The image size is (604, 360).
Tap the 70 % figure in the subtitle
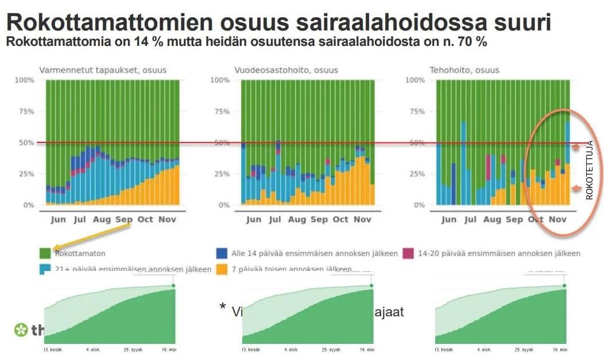click(x=471, y=42)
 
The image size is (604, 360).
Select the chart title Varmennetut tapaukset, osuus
click(x=103, y=70)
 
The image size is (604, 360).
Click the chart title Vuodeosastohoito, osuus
click(x=286, y=70)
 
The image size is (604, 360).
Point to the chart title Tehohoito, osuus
click(x=464, y=70)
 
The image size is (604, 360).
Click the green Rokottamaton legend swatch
click(x=45, y=253)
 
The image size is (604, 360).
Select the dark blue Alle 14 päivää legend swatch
click(x=221, y=253)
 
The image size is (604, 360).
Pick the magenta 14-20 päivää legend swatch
click(x=409, y=253)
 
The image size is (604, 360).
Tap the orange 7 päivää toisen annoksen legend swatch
click(x=221, y=269)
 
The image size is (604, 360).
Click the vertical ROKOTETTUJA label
click(x=589, y=170)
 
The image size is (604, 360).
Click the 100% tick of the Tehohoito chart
click(x=415, y=80)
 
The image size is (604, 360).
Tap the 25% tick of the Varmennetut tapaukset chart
click(x=25, y=174)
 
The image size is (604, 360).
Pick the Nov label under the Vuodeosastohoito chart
click(x=362, y=219)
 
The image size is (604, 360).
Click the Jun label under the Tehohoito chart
click(x=449, y=219)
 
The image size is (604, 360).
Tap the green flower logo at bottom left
click(x=21, y=330)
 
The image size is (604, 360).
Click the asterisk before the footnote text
click(x=223, y=307)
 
